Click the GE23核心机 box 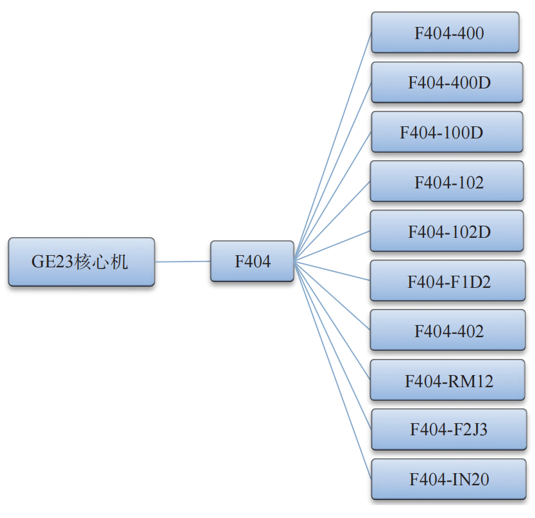click(81, 262)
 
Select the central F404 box click(252, 261)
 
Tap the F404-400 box click(445, 33)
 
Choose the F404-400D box click(447, 82)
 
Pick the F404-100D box click(447, 131)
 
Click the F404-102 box click(447, 181)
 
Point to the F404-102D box click(447, 231)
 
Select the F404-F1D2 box click(448, 280)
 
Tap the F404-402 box click(448, 330)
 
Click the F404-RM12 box click(448, 380)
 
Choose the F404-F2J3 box click(449, 430)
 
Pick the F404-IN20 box click(448, 479)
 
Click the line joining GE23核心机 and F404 click(183, 262)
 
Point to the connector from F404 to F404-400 click(333, 147)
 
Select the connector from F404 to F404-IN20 click(333, 370)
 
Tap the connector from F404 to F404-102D click(332, 246)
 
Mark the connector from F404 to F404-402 click(332, 296)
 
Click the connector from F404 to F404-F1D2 click(332, 271)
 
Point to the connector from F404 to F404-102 click(332, 221)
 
